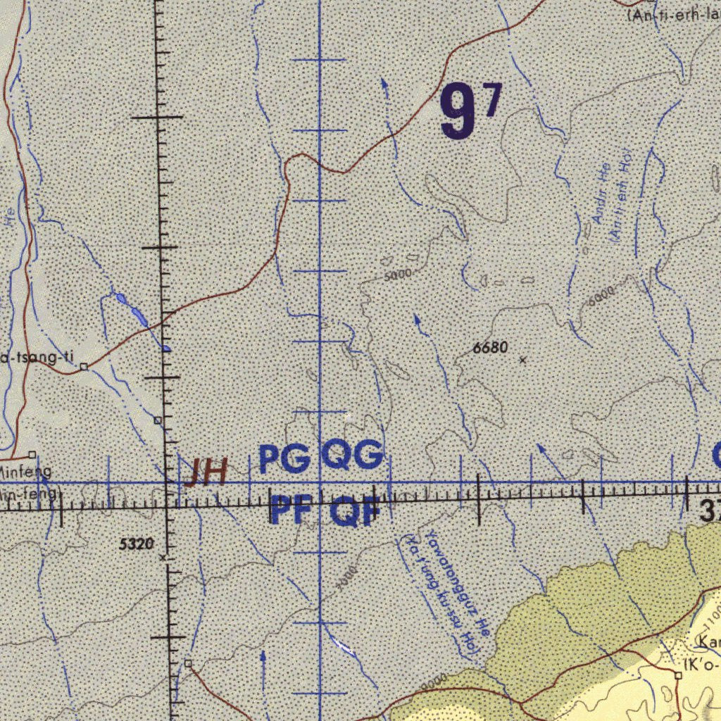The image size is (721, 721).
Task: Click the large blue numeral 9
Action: point(458,111)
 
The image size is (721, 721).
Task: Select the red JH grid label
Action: point(205,472)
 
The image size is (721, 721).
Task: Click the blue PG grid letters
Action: point(284,459)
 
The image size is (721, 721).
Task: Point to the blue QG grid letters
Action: point(353,457)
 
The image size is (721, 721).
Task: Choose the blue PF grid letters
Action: point(291,510)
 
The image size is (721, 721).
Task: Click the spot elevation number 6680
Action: point(490,347)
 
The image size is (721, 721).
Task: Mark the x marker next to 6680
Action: point(522,360)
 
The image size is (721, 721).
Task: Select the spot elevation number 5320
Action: point(137,544)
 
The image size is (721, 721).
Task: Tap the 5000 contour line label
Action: point(398,275)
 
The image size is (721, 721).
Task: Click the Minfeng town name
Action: point(25,470)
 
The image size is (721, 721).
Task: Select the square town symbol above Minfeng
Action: point(32,454)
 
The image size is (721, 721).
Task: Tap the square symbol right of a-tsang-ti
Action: point(84,366)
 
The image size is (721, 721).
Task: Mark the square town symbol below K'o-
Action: point(678,675)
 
